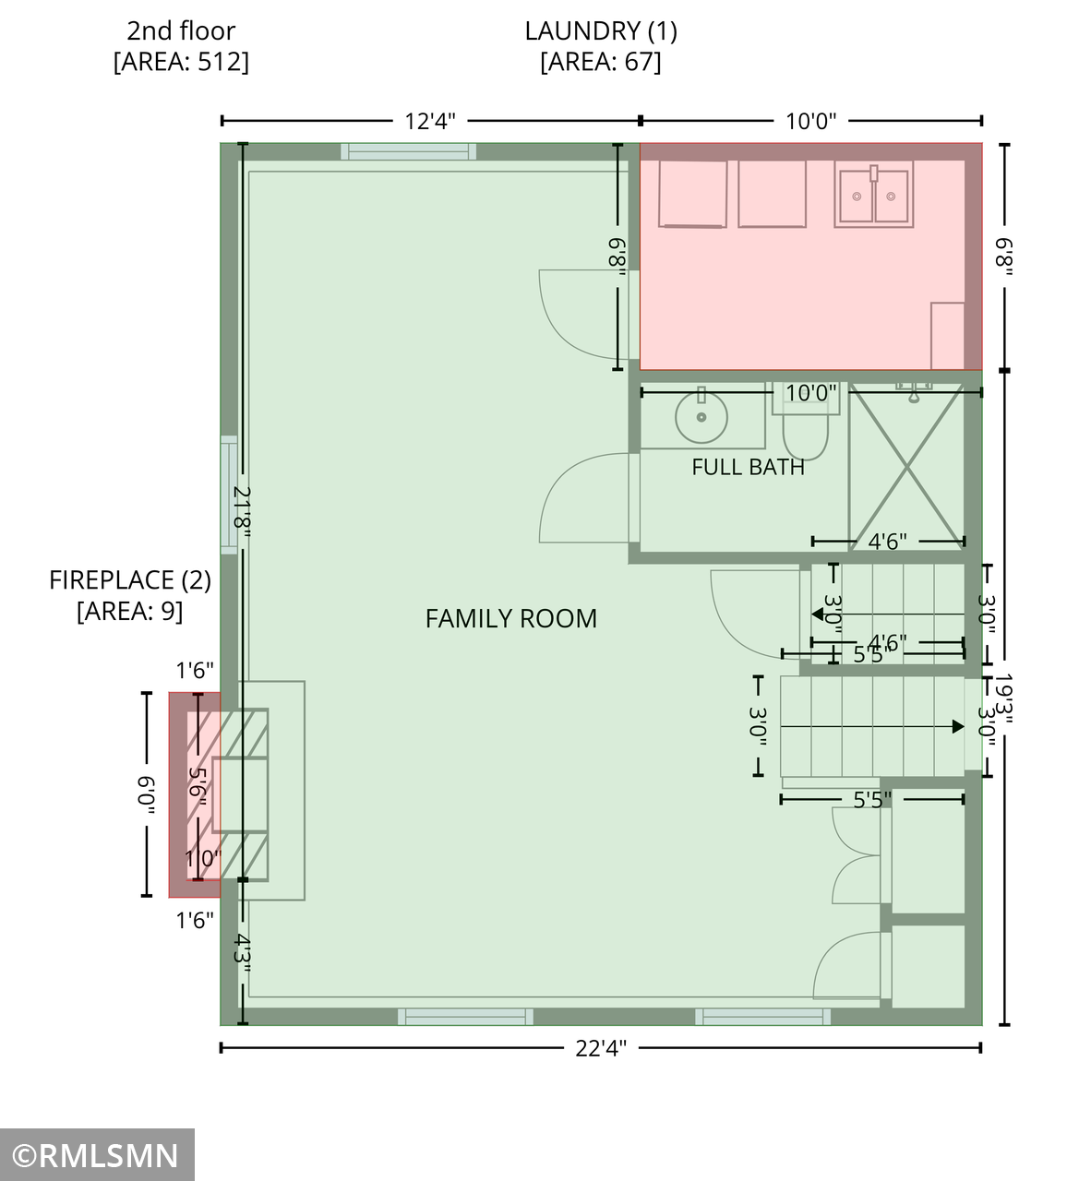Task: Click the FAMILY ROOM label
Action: point(510,618)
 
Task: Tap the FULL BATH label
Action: point(748,467)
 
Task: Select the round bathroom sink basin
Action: point(701,417)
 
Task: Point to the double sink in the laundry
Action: point(873,196)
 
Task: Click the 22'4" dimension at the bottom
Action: point(601,1048)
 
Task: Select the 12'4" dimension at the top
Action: point(430,121)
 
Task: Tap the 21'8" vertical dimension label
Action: point(242,511)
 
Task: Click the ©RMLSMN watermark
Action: point(96,1155)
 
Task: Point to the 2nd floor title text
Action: point(181,31)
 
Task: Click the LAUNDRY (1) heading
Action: point(601,31)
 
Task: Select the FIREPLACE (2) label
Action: point(130,579)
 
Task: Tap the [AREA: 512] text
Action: point(181,62)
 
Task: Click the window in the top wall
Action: point(408,151)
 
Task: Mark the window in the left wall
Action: point(229,495)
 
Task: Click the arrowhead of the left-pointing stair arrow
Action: point(817,614)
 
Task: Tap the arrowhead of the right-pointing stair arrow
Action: point(958,726)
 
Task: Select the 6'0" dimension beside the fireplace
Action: point(147,795)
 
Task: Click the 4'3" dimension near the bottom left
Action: point(242,953)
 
